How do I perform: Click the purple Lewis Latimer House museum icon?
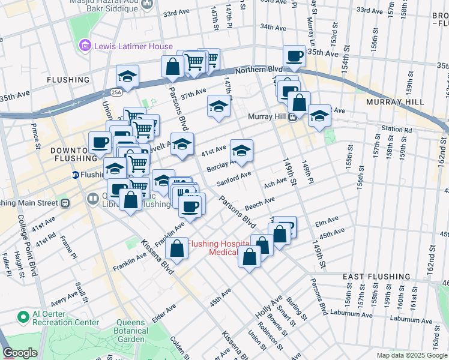click(x=85, y=46)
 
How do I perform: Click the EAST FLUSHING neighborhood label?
click(x=376, y=277)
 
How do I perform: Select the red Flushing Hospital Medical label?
click(x=219, y=248)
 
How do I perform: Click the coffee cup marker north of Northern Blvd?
click(x=294, y=56)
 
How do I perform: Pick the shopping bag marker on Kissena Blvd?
click(x=177, y=248)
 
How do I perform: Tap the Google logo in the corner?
click(x=20, y=353)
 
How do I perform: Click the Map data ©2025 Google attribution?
click(x=411, y=355)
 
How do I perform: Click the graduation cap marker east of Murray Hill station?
click(x=319, y=115)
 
